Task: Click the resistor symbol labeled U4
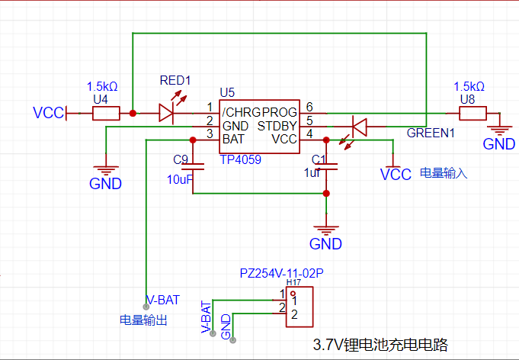point(106,114)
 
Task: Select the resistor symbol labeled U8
point(473,114)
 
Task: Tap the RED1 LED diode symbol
point(166,114)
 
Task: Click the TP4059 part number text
point(241,160)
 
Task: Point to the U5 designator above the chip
point(227,93)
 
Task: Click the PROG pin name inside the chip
point(280,113)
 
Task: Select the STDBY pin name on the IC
point(277,126)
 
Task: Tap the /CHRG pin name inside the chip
point(242,113)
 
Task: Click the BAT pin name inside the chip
point(233,139)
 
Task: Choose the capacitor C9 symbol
point(193,166)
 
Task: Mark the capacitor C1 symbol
point(326,166)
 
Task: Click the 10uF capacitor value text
point(180,179)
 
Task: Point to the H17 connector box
point(300,307)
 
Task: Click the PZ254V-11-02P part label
point(282,273)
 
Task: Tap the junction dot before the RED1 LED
point(133,114)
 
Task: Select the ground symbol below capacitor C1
point(326,229)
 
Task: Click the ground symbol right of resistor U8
point(499,129)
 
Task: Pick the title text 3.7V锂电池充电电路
point(380,345)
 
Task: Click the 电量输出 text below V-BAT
point(143,320)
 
